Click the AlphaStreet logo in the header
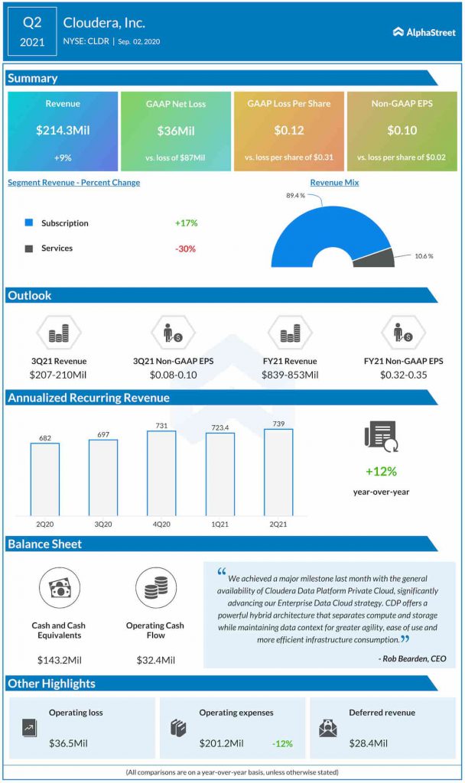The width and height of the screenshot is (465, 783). pos(423,32)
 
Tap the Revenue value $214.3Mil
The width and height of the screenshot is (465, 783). pos(63,130)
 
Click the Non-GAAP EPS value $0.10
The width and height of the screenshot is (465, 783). pos(402,131)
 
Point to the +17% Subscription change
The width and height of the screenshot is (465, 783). pos(186,223)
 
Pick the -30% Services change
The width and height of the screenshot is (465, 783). pos(186,249)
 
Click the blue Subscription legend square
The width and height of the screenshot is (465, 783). pos(29,223)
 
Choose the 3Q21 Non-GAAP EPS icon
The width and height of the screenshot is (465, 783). pos(173,333)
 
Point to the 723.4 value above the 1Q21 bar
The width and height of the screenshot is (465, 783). pos(219,425)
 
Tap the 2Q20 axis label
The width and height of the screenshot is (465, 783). pos(44,524)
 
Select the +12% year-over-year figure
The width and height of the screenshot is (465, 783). pos(381,472)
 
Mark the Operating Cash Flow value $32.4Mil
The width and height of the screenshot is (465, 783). pos(156,660)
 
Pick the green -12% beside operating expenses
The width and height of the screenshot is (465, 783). pos(281,743)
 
